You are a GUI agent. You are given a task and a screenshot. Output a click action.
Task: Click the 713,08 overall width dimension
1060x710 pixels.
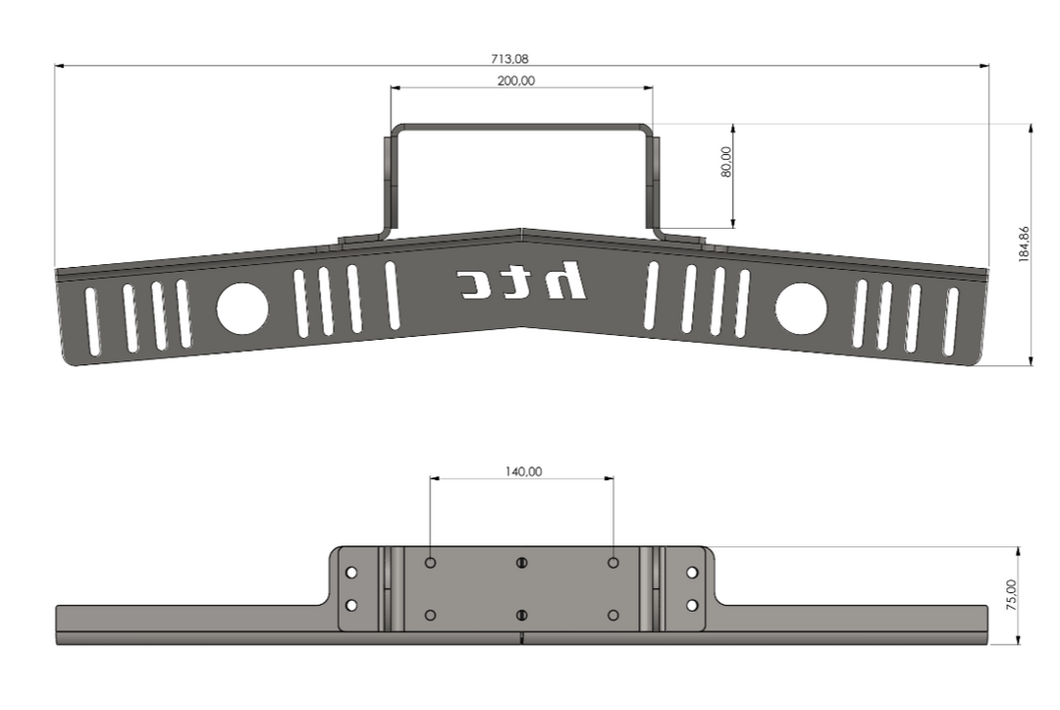coord(509,59)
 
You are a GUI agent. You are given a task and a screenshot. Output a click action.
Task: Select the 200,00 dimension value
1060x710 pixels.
coord(516,81)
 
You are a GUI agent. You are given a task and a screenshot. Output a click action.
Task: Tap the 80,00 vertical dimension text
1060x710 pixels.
coord(726,162)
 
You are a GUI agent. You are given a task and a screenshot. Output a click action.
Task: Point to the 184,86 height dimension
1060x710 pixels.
coord(1024,245)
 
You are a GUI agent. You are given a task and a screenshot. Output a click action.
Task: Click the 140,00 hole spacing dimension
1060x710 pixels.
coord(523,471)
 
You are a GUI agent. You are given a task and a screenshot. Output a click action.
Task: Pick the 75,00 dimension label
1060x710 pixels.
coord(1011,595)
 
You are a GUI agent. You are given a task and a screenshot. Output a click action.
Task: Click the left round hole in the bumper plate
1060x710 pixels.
coord(242,308)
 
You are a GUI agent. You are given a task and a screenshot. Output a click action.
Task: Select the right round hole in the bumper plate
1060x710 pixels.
coord(801,308)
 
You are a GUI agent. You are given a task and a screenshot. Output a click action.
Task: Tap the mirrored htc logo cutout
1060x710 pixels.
coord(521,280)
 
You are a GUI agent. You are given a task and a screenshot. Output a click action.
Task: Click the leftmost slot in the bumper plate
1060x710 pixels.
coord(91,320)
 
